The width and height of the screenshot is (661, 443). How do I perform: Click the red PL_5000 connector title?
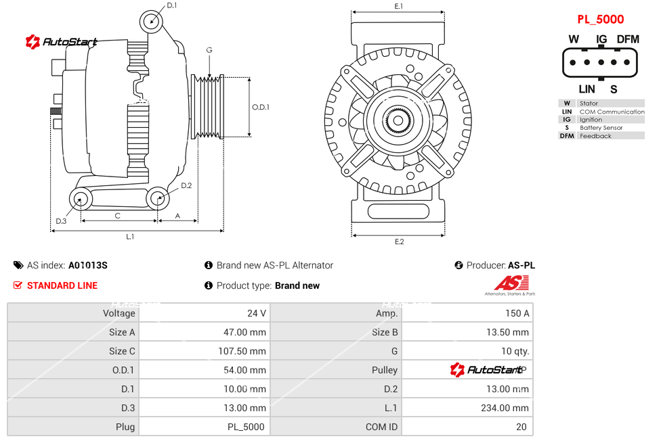[600, 20]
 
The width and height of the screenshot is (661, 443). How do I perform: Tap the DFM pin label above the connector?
[628, 39]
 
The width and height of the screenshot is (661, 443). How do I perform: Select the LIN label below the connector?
[587, 89]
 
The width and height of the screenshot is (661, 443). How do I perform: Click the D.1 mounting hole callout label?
[171, 5]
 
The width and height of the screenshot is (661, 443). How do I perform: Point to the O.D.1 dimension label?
[261, 107]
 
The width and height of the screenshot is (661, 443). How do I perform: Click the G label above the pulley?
[209, 51]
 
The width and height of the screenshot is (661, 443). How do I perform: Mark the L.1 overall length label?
[130, 236]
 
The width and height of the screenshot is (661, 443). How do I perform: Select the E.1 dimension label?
[398, 6]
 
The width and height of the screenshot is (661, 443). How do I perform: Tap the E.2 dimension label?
[399, 241]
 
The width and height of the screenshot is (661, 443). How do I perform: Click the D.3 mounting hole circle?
[81, 199]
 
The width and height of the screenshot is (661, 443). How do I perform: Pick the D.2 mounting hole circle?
[158, 199]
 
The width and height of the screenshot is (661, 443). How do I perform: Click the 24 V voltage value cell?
[257, 313]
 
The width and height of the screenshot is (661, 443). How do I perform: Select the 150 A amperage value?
[517, 313]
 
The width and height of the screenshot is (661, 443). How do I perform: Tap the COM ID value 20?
[521, 427]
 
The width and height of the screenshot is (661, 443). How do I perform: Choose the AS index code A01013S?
[87, 265]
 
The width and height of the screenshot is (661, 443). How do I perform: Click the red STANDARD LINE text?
[62, 285]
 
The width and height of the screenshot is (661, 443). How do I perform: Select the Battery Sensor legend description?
[601, 128]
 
